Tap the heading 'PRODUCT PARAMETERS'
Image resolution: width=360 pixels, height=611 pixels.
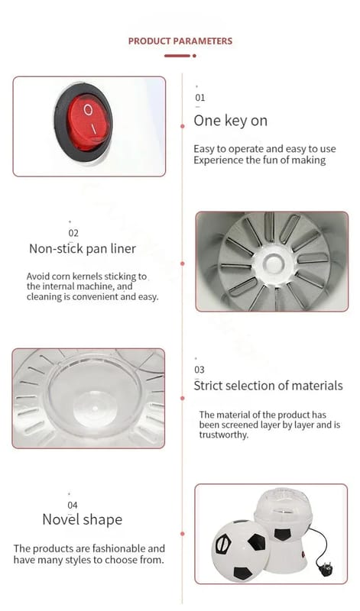180,41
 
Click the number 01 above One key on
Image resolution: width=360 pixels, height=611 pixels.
199,98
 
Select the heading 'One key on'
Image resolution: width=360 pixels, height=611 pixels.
231,121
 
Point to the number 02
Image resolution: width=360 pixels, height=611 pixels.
73,233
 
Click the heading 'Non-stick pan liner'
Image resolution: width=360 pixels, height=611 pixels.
83,249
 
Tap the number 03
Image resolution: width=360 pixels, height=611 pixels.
199,370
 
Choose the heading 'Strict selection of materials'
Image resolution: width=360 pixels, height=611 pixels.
268,386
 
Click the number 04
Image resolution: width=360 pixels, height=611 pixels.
73,505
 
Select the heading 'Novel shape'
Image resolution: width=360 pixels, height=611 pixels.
83,519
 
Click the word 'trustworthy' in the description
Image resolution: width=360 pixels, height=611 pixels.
223,435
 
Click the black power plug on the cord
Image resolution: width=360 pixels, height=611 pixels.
326,570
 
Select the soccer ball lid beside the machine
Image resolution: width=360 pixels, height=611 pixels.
240,551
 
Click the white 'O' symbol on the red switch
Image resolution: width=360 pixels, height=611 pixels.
89,110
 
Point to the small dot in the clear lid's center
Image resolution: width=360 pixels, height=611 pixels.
96,408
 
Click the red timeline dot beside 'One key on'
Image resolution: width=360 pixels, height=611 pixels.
183,126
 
